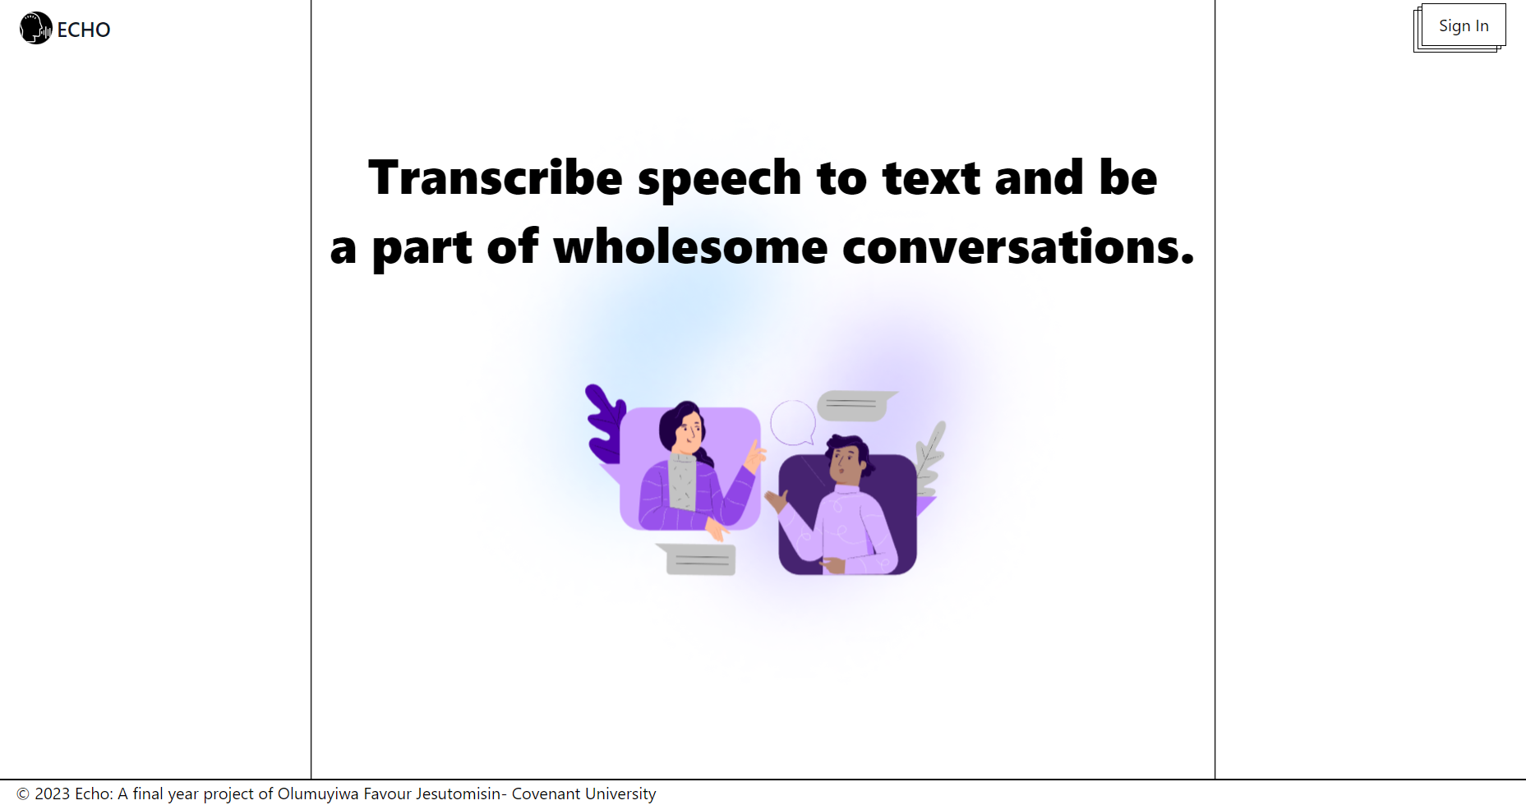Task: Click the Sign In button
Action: [1463, 25]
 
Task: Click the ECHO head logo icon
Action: [35, 28]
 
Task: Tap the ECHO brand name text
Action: [84, 30]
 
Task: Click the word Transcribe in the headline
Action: [496, 177]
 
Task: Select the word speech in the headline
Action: [719, 179]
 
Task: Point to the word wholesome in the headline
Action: [690, 247]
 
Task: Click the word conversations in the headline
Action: [1017, 247]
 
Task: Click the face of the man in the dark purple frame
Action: [844, 464]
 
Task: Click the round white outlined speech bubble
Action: [792, 421]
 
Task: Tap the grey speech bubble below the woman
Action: [699, 559]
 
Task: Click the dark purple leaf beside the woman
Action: [605, 423]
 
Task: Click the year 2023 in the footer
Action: [52, 793]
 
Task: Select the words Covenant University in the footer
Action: [583, 793]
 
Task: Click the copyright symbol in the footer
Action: [23, 793]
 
